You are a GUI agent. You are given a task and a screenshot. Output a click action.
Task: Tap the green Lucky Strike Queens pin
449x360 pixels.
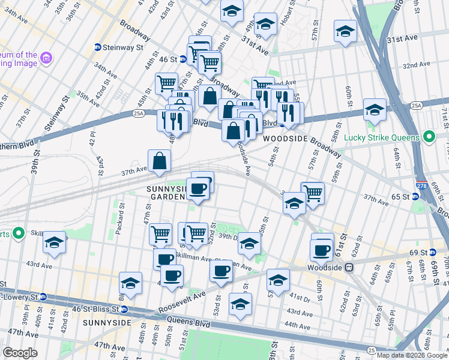tap(428, 137)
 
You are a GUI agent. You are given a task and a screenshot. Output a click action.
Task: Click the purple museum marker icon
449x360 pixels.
tap(46, 58)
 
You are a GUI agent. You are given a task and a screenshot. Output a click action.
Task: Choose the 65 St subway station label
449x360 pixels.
tap(399, 196)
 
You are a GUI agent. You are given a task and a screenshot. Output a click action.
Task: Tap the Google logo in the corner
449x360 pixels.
tap(20, 353)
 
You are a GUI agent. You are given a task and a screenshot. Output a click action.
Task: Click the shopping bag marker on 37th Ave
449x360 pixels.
tap(160, 161)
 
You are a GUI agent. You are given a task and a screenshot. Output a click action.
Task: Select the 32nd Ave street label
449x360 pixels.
tap(417, 65)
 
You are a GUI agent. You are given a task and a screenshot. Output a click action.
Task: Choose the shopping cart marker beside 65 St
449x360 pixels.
tap(312, 193)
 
